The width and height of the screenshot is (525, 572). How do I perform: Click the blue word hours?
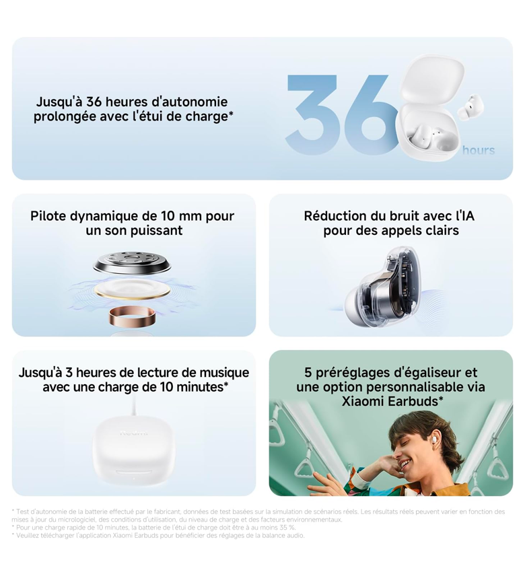point(479,150)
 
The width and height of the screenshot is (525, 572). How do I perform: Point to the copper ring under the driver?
point(132,316)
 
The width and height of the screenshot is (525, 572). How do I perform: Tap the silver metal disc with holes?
point(132,263)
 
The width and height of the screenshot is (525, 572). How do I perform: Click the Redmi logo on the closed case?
point(134,433)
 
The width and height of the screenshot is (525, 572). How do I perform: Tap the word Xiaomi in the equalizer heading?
point(363,401)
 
